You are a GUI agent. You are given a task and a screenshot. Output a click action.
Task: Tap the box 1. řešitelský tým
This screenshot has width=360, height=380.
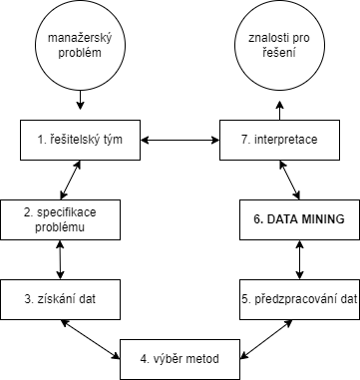pos(81,140)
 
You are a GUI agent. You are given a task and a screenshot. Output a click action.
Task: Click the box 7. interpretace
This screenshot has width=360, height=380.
pos(279,140)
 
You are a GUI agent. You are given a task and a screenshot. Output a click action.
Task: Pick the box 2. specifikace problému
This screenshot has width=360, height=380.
pos(61,218)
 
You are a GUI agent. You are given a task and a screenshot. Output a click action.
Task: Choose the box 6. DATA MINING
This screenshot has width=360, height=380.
pos(299,218)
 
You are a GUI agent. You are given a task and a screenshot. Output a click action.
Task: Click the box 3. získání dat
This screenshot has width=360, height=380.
pos(61,296)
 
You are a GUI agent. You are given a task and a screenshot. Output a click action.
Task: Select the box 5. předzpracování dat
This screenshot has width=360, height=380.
pos(299,296)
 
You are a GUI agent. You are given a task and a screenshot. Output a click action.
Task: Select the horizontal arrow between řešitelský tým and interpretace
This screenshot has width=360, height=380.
pos(180,140)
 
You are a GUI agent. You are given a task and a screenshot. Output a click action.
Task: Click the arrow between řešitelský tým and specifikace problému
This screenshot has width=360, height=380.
pos(70,180)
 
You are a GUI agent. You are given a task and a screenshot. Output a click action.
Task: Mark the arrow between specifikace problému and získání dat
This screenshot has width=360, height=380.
pos(61,257)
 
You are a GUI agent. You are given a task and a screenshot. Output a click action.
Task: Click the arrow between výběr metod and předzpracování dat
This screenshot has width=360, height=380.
pos(267,328)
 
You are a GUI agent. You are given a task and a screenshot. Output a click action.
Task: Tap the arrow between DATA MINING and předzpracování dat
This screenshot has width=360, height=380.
pos(299,257)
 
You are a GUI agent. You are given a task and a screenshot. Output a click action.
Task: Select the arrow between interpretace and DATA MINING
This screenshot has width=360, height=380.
pos(290,180)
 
